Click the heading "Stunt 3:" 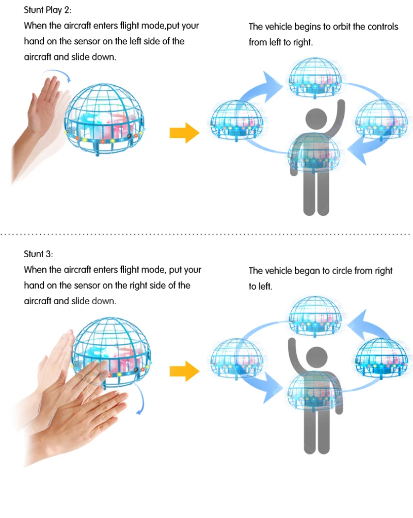point(38,254)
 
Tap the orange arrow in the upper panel point(184,133)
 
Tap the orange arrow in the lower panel point(184,370)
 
